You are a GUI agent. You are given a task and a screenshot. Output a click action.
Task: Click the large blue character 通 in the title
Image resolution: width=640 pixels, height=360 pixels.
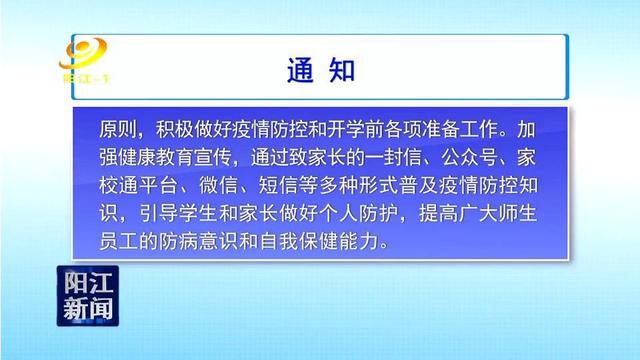click(300, 70)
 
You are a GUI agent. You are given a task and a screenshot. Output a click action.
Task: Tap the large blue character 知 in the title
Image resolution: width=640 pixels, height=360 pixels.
click(342, 70)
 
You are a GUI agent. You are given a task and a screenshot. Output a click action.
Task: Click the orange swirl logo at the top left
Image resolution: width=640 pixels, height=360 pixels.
click(83, 53)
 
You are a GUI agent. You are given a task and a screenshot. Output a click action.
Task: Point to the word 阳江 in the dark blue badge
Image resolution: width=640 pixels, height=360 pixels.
click(88, 282)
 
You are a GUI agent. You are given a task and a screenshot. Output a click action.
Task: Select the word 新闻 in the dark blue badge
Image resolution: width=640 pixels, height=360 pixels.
click(88, 308)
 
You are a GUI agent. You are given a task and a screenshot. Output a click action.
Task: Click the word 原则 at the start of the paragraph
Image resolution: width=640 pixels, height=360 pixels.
click(118, 130)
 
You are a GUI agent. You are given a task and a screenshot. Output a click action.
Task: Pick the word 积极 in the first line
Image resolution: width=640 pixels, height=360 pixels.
click(174, 130)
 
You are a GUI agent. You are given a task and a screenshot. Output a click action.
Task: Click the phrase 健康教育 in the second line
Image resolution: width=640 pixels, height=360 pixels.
click(156, 158)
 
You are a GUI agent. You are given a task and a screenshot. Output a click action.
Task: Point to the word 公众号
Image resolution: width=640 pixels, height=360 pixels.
click(469, 158)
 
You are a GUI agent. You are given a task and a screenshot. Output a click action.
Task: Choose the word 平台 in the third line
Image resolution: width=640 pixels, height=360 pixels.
click(156, 186)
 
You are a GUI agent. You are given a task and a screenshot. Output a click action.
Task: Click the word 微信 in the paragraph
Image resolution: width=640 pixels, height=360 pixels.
click(218, 186)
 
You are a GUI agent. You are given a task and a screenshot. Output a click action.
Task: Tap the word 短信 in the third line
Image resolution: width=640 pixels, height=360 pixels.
click(278, 186)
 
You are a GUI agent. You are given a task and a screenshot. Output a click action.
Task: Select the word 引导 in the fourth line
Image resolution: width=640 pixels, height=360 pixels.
click(159, 214)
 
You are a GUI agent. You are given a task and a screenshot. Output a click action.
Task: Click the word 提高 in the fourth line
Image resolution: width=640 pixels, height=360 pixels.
click(438, 214)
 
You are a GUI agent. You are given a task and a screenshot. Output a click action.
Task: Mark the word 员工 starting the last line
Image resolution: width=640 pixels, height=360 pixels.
click(118, 242)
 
